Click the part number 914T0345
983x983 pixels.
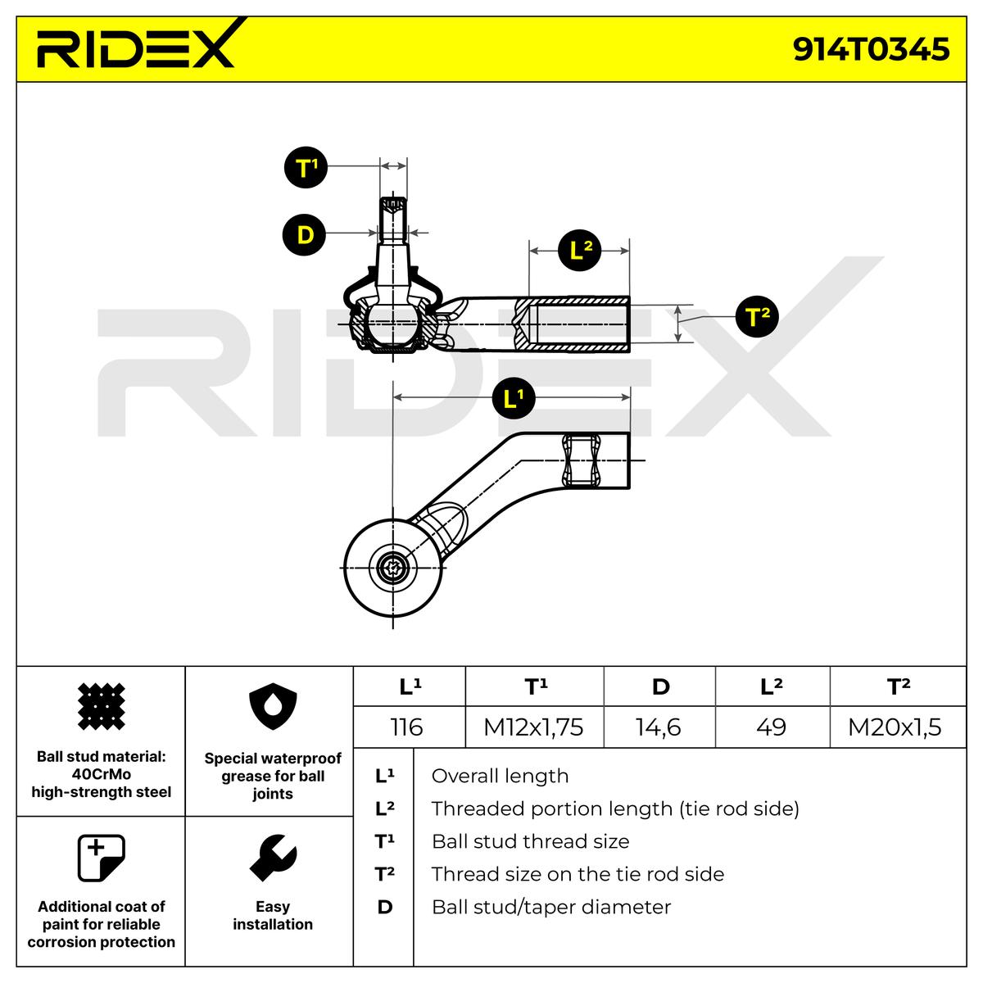pos(870,49)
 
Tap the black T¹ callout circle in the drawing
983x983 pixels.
pos(306,167)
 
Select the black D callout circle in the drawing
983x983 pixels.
pos(305,234)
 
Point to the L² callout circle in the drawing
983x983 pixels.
pos(579,251)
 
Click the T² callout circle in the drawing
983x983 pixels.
pos(757,315)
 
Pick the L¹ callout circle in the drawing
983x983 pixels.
pos(513,398)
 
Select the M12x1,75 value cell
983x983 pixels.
pos(534,727)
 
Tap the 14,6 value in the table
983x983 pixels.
pos(659,727)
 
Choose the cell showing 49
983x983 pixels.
pos(772,727)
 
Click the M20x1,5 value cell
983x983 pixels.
pos(897,727)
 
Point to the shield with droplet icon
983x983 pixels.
pos(273,706)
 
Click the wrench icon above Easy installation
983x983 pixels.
pos(273,858)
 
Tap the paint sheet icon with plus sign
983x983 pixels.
pos(101,858)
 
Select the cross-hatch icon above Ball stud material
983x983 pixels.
pos(101,706)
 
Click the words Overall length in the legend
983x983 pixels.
pos(500,776)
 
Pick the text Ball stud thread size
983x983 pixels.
pos(530,841)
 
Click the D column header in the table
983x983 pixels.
pos(660,686)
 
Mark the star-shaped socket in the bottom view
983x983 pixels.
pos(393,568)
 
